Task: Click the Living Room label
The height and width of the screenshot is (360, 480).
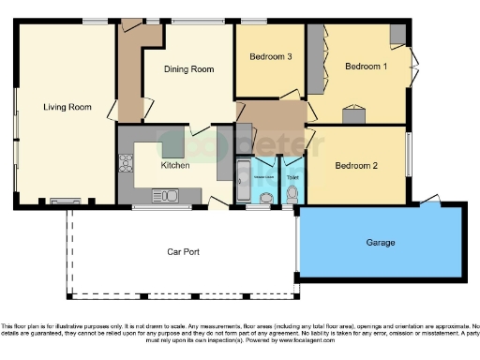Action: pyautogui.click(x=67, y=108)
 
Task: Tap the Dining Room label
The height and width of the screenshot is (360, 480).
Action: pyautogui.click(x=189, y=69)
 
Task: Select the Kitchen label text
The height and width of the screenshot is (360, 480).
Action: pyautogui.click(x=175, y=165)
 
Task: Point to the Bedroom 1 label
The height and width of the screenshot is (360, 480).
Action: pyautogui.click(x=366, y=67)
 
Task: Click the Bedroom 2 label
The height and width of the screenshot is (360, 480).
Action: pyautogui.click(x=356, y=166)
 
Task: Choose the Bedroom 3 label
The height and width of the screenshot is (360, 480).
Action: pyautogui.click(x=271, y=57)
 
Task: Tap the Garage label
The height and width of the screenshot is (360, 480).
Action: pyautogui.click(x=381, y=242)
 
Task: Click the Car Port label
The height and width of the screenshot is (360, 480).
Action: pyautogui.click(x=186, y=251)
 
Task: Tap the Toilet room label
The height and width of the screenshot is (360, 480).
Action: pyautogui.click(x=292, y=176)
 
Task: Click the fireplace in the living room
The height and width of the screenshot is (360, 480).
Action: pyautogui.click(x=66, y=200)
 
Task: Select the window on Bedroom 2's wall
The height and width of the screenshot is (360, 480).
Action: pyautogui.click(x=408, y=153)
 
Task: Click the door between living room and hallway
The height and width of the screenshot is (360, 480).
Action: pyautogui.click(x=112, y=110)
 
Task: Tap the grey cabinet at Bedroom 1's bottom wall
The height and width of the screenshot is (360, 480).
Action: pyautogui.click(x=354, y=117)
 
